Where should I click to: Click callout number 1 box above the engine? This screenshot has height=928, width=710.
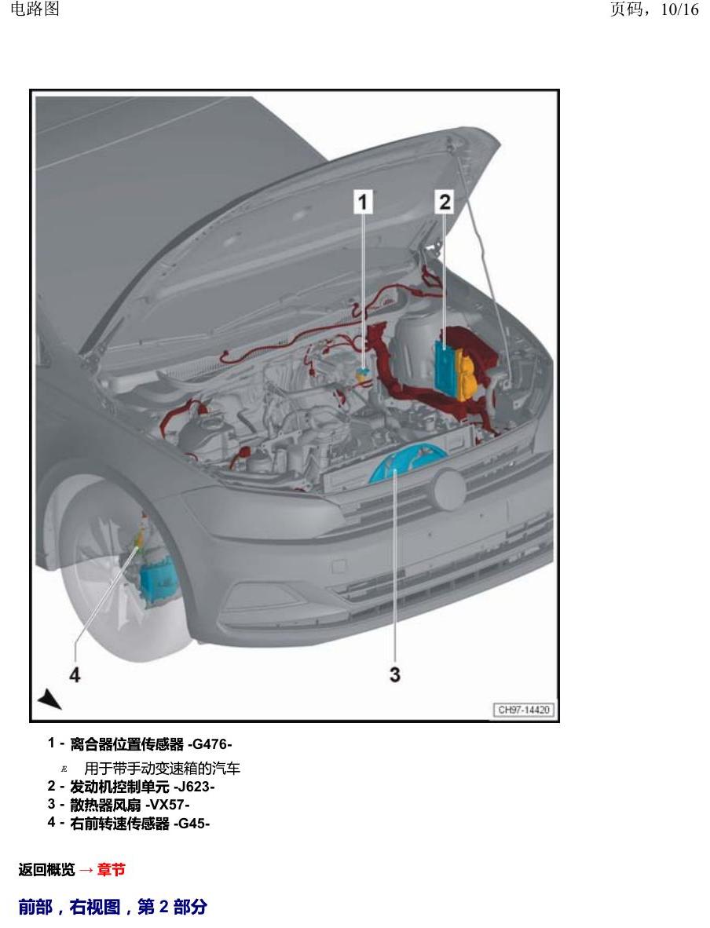[x=363, y=202]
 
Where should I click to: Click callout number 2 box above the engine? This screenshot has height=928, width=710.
[x=445, y=202]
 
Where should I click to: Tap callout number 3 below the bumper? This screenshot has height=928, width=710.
[x=395, y=674]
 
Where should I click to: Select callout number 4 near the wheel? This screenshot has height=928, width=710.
[x=75, y=674]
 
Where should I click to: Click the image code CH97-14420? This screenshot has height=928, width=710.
[x=524, y=710]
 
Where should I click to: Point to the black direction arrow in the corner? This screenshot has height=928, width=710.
[x=49, y=699]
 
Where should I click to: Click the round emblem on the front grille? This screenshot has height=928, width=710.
[x=448, y=489]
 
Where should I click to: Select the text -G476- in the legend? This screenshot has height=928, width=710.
[x=210, y=744]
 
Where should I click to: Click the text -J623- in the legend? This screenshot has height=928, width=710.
[x=194, y=787]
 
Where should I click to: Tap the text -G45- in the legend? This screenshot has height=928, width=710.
[x=192, y=824]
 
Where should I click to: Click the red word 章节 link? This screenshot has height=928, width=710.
[x=111, y=869]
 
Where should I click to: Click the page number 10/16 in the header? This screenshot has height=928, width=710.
[x=680, y=9]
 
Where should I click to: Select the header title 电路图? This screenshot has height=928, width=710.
[x=35, y=9]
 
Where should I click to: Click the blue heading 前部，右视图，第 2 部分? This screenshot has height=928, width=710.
[x=112, y=907]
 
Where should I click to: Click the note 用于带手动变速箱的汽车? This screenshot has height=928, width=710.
[x=163, y=768]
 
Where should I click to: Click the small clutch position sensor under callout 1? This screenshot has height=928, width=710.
[x=363, y=373]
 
